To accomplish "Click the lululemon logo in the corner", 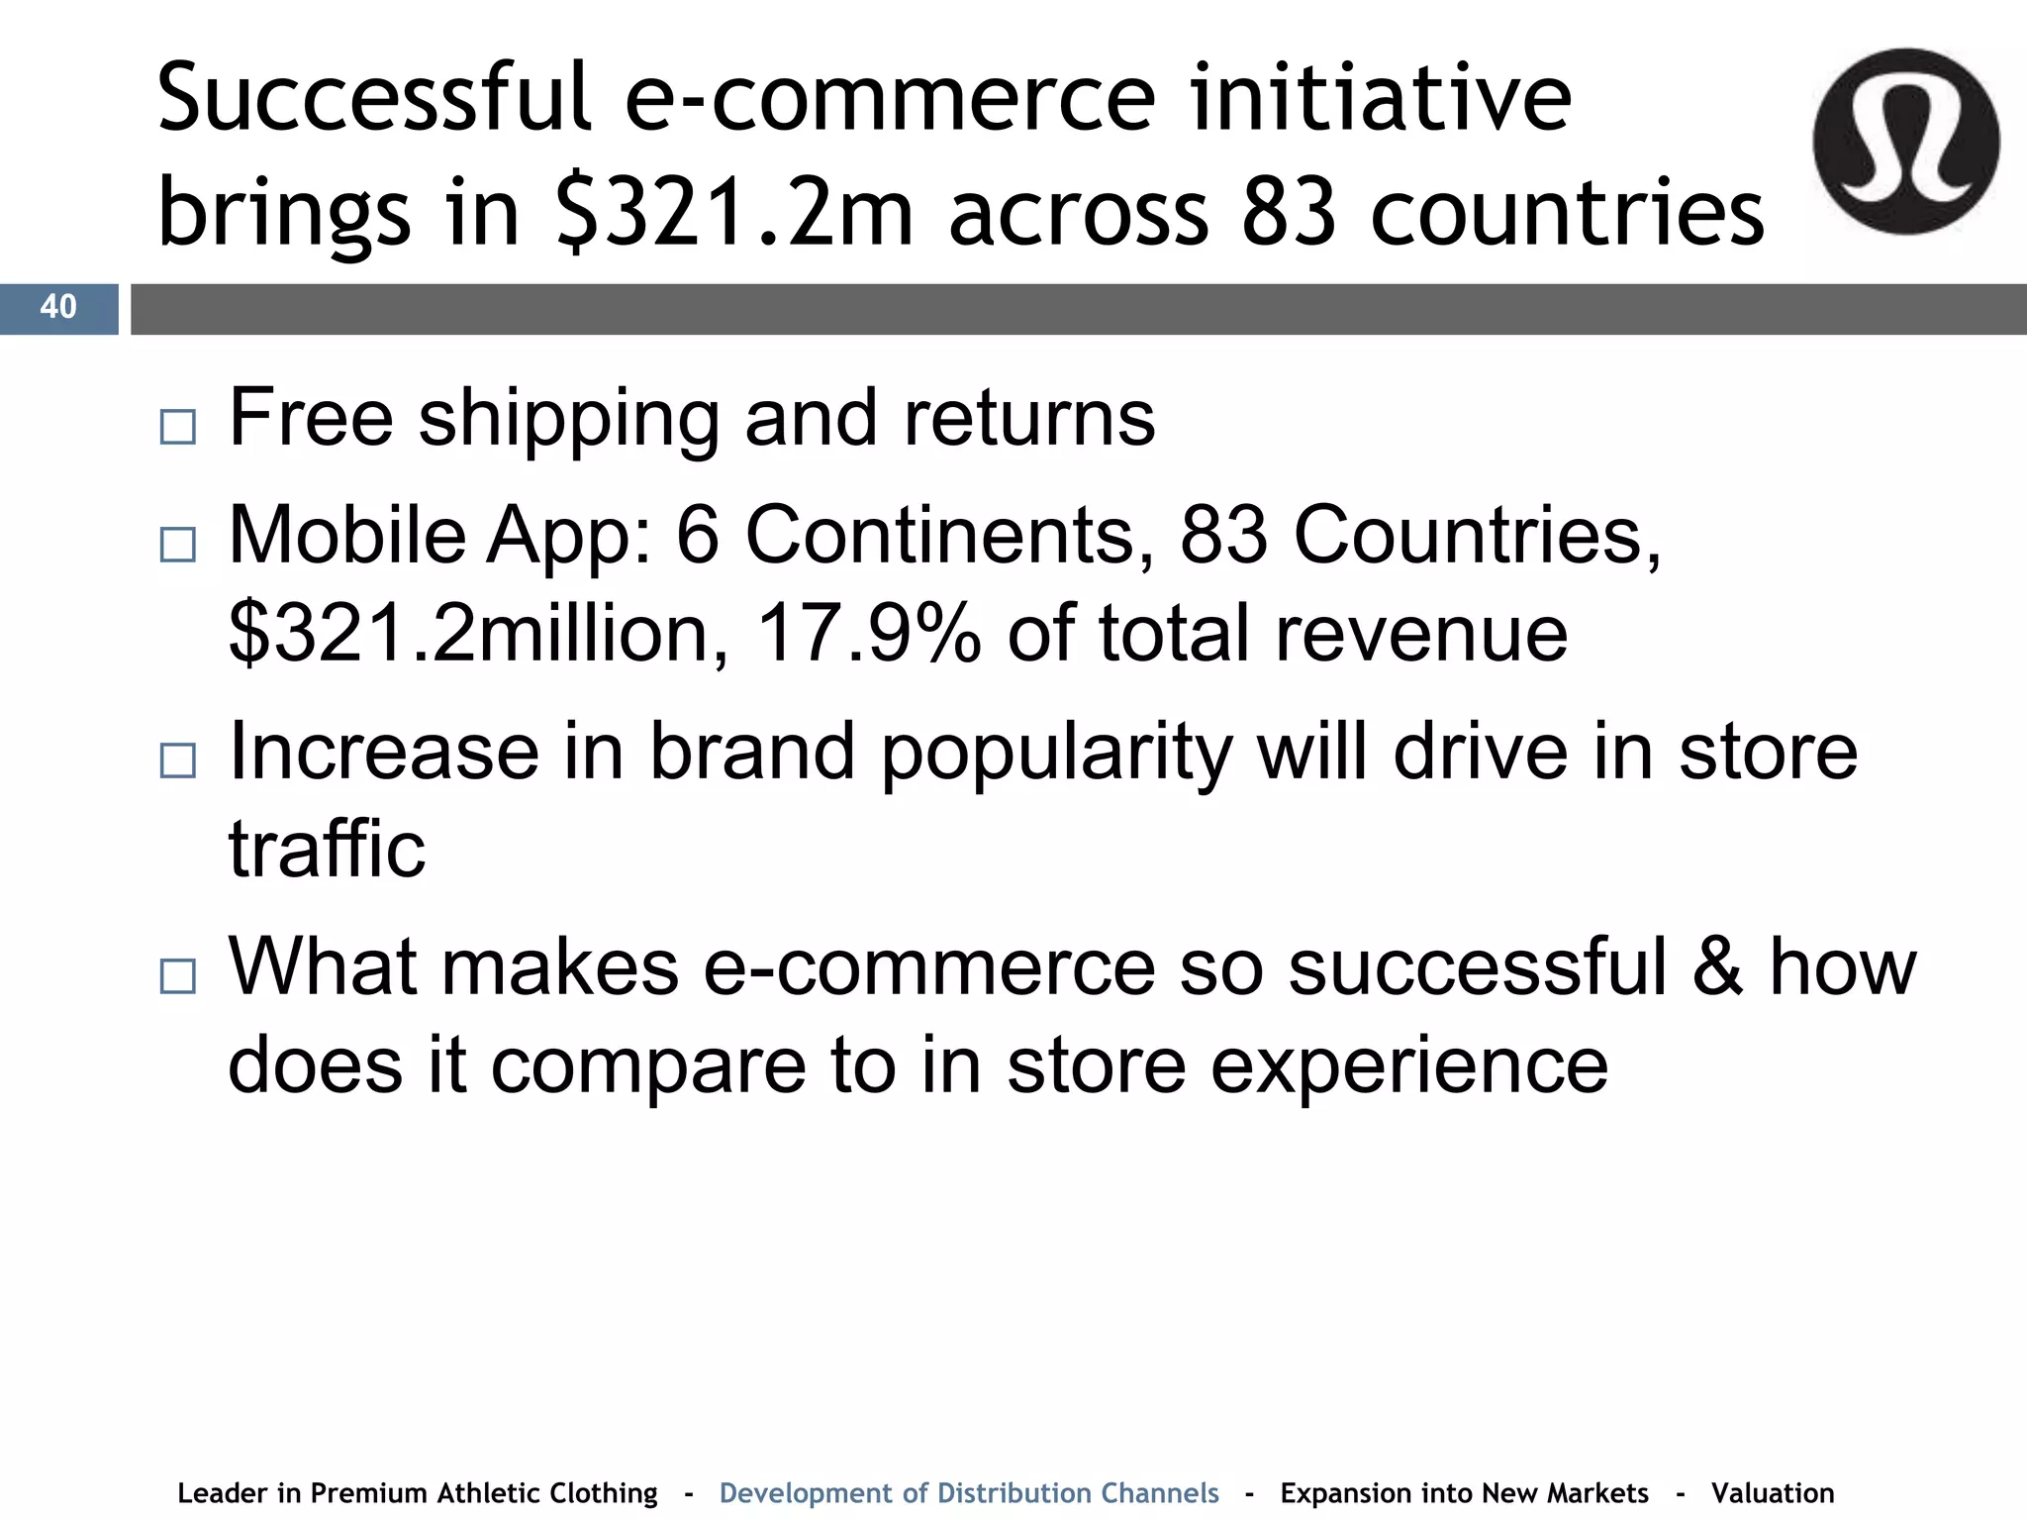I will tap(1905, 141).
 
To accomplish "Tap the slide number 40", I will tap(58, 307).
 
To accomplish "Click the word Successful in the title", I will tap(374, 99).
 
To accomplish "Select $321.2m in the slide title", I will tap(733, 213).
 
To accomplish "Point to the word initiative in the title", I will tap(1381, 99).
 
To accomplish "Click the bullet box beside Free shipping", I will tap(177, 427).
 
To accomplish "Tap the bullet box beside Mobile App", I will tap(177, 545).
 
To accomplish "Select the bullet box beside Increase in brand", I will tap(177, 760).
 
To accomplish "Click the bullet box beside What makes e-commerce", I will tap(177, 976).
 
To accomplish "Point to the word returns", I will tap(1028, 418).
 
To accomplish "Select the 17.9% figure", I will tap(868, 634).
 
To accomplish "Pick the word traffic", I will tap(327, 850).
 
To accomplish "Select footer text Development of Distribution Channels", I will tap(969, 1492).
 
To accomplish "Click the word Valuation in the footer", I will tap(1773, 1492).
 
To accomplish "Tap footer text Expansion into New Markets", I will tap(1464, 1492).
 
